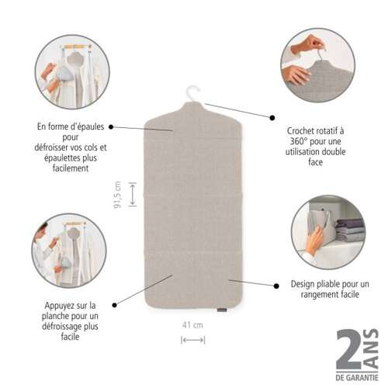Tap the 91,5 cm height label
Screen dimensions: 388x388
117,195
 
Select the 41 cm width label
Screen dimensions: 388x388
192,325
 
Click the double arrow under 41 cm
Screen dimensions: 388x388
193,340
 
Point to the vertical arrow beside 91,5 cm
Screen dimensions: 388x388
133,194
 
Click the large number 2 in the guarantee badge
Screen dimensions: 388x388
349,350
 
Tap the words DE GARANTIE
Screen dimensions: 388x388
357,378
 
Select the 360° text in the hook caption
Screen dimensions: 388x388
299,141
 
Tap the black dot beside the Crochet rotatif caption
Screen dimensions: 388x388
272,118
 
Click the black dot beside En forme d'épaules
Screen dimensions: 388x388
111,126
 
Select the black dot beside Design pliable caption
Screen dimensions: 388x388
276,286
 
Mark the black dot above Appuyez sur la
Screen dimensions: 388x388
115,305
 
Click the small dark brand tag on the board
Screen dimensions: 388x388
222,310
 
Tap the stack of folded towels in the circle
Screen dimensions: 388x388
350,230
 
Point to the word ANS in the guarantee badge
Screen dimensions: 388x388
371,349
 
